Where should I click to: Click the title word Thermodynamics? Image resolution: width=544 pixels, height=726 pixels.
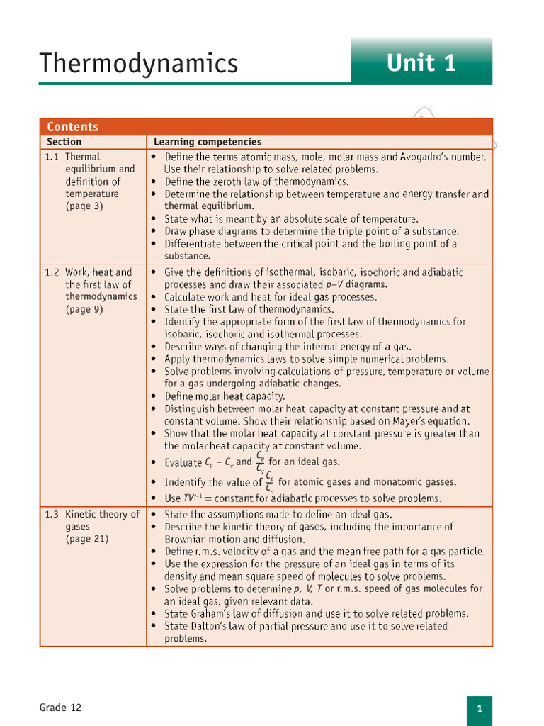(139, 64)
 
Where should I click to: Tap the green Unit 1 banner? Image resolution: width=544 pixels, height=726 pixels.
(421, 64)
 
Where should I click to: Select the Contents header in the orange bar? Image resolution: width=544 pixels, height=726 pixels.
(72, 127)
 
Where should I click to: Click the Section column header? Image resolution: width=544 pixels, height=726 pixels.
(64, 142)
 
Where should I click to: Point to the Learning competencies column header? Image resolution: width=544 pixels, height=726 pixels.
(208, 142)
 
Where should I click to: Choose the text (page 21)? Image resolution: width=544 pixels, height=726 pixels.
(87, 539)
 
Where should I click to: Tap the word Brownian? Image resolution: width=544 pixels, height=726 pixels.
(187, 540)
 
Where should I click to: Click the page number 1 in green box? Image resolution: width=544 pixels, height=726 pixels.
(480, 709)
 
